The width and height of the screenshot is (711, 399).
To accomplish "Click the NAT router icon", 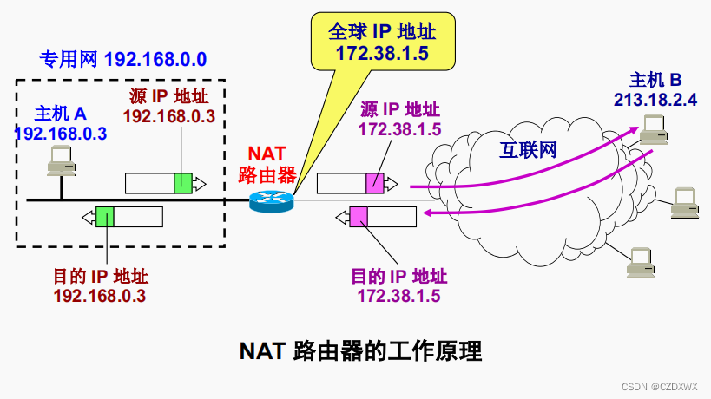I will (x=272, y=200).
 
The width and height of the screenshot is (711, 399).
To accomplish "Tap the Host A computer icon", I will (x=61, y=160).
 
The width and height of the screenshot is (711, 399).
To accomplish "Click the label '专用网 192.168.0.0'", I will (x=122, y=60).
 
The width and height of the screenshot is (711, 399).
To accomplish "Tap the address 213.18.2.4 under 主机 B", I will (x=655, y=100).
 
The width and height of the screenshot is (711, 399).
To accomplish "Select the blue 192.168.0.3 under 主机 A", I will (x=61, y=134).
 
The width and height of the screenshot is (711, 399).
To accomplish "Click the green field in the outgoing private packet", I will (x=182, y=183).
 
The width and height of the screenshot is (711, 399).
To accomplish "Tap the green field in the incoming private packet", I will (x=105, y=216).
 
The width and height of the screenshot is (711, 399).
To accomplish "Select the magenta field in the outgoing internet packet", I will (x=374, y=183).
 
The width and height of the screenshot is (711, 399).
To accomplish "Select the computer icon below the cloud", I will (x=641, y=261).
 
